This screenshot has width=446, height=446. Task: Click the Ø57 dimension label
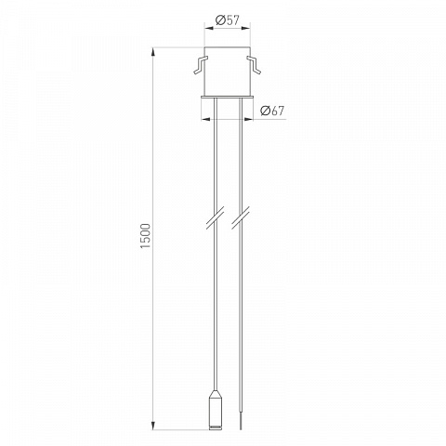[x=228, y=20]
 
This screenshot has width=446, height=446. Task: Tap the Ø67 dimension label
[x=272, y=111]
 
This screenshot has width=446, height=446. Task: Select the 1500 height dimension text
[x=145, y=235]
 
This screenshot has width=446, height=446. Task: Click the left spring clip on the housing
[x=200, y=65]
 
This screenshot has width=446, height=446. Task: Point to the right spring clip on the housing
[x=254, y=65]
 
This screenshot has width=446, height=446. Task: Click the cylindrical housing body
[x=228, y=72]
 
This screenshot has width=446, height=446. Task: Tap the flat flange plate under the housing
[x=228, y=98]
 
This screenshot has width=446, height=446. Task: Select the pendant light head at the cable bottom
[x=216, y=410]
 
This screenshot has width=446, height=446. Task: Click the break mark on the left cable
[x=216, y=217]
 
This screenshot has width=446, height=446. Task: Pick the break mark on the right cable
[x=241, y=217]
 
